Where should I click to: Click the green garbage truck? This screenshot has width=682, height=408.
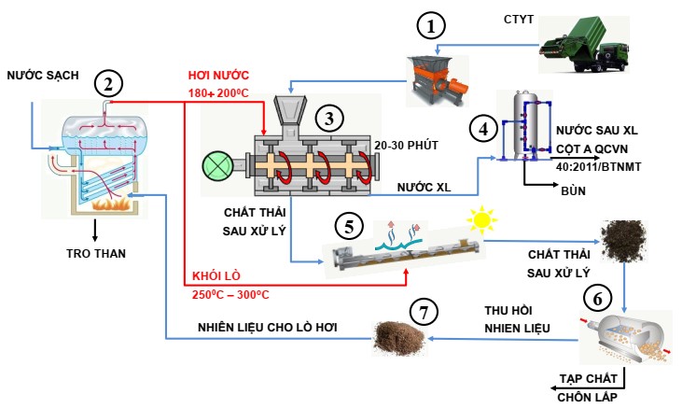(584, 45)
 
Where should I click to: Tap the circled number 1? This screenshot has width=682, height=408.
(431, 26)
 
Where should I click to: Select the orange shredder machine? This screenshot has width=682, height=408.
(438, 81)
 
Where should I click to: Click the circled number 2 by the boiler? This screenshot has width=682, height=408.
(108, 84)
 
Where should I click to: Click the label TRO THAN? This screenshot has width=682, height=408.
(96, 253)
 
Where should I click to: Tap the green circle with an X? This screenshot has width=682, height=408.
(217, 166)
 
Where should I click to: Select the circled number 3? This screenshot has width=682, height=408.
(329, 119)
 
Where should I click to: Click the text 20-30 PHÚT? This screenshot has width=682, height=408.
(406, 145)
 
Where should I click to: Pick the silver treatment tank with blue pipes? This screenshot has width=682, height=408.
(526, 126)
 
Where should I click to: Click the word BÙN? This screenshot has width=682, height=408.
(573, 190)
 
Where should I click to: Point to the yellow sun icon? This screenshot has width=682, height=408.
(481, 219)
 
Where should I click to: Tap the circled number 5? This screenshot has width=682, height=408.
(349, 227)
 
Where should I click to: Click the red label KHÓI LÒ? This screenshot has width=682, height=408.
(216, 276)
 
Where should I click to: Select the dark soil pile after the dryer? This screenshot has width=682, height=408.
(623, 241)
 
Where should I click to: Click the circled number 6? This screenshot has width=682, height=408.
(598, 299)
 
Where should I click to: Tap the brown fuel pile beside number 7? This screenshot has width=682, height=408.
(399, 339)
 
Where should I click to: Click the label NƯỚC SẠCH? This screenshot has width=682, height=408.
(43, 76)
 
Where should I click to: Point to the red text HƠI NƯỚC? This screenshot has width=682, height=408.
(218, 76)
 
